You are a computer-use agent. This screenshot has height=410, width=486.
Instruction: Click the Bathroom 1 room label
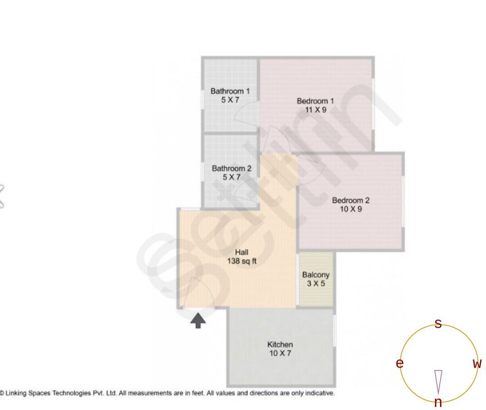[x=230, y=91]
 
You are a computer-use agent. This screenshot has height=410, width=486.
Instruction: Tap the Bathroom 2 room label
[x=232, y=169]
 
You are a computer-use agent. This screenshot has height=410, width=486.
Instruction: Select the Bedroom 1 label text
[x=315, y=101]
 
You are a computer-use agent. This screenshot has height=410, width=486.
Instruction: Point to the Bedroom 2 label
[x=351, y=200]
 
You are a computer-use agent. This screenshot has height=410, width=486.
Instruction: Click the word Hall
[x=242, y=252]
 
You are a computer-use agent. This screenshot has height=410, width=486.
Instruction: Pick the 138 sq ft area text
[x=242, y=261]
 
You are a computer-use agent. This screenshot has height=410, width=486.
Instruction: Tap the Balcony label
[x=316, y=275]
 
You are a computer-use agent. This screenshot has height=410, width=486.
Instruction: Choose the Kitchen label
[x=280, y=345]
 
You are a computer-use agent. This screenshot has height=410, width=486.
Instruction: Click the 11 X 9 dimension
[x=315, y=109]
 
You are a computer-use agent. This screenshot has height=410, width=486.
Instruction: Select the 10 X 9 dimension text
[x=351, y=209]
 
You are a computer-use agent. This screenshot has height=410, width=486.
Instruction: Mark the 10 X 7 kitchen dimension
[x=280, y=353]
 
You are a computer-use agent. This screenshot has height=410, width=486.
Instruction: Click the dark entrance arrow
[x=198, y=320]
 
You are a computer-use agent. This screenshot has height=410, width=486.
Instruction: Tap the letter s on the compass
[x=438, y=324]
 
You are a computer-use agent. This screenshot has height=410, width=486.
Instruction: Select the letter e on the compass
[x=400, y=364]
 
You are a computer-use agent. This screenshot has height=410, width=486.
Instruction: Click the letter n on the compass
[x=438, y=403]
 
